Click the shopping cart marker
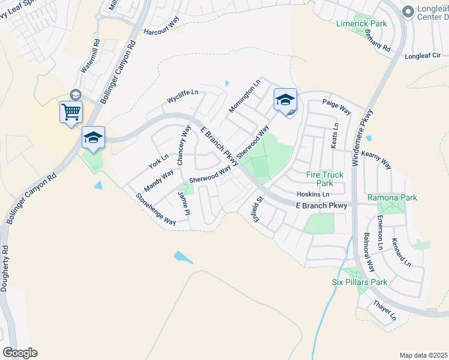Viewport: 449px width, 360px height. click(71, 112)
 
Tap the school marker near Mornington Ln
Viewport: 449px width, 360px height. click(285, 100)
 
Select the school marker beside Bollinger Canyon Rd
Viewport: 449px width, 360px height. click(93, 137)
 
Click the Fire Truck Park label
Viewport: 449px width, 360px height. click(325, 179)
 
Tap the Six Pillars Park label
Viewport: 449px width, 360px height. click(360, 282)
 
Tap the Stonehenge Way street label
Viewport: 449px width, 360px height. click(155, 209)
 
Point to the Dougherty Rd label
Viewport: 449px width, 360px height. click(4, 268)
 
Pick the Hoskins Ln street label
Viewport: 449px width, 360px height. click(313, 194)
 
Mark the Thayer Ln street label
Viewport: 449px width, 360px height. click(385, 310)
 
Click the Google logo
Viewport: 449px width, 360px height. click(20, 353)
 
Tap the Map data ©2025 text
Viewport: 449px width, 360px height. click(423, 355)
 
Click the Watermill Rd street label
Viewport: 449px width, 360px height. click(95, 56)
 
